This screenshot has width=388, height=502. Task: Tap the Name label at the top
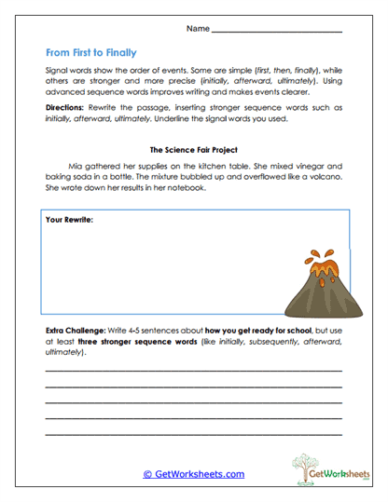[198, 29]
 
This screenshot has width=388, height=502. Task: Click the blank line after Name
[277, 32]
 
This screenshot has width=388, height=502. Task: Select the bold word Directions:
[64, 108]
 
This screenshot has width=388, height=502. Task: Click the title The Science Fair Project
[193, 149]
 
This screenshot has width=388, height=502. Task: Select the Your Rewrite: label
[69, 221]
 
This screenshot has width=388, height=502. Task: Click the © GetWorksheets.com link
[193, 474]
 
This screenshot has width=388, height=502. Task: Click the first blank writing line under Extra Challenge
[193, 370]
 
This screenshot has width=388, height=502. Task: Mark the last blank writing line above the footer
[193, 434]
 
